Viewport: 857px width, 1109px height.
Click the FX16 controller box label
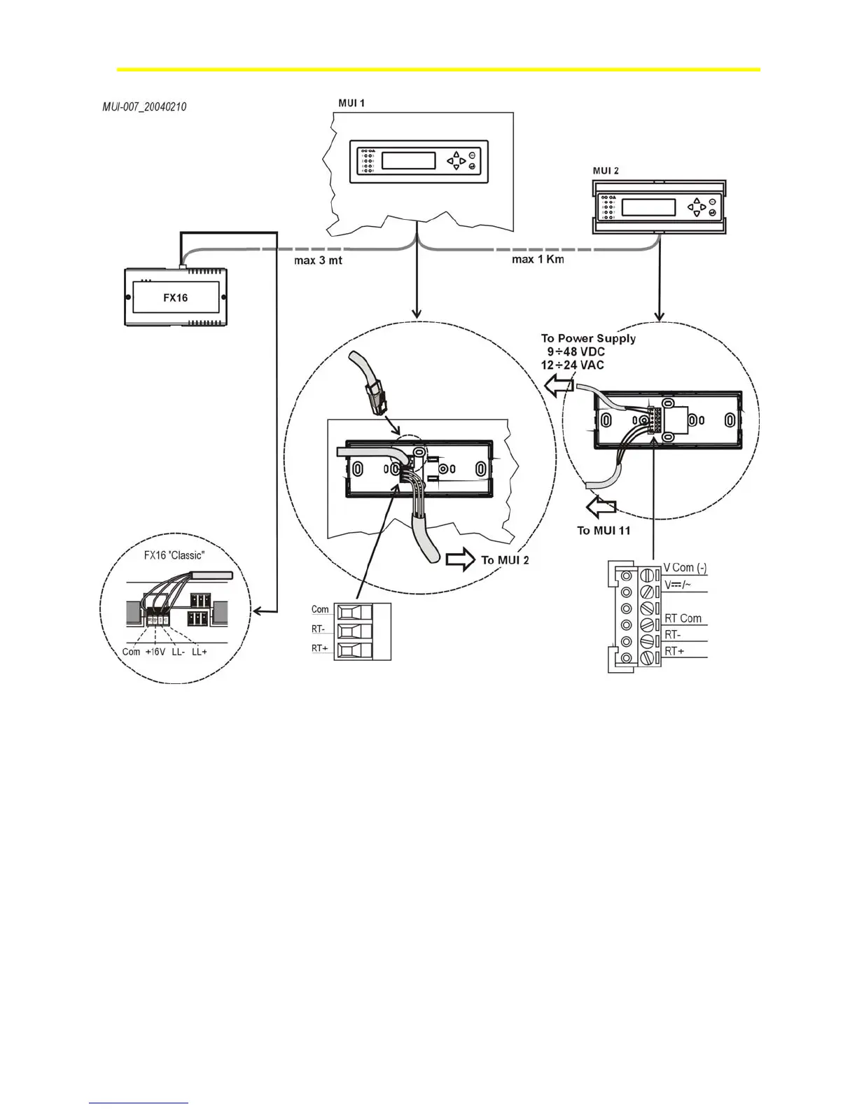(175, 298)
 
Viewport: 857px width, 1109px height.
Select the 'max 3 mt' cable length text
(318, 260)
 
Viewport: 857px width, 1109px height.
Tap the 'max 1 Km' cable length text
(538, 260)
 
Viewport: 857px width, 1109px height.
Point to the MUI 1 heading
(351, 103)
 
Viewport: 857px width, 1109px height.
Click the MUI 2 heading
(606, 170)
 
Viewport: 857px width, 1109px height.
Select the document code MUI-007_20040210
(144, 107)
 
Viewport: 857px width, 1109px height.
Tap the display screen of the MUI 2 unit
(649, 208)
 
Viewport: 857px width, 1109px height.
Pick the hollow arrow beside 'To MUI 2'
(459, 559)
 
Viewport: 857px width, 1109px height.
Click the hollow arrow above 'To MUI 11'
(603, 506)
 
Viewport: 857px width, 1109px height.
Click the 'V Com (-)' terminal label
(685, 568)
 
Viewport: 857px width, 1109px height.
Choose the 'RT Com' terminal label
(683, 618)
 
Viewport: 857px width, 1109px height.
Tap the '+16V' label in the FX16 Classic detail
(155, 652)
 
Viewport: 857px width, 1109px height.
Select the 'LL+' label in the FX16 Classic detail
(200, 652)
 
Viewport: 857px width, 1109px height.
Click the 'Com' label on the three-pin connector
(320, 609)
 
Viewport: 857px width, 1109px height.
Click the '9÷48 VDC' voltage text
(576, 351)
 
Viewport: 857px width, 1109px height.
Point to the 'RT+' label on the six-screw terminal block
(674, 651)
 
